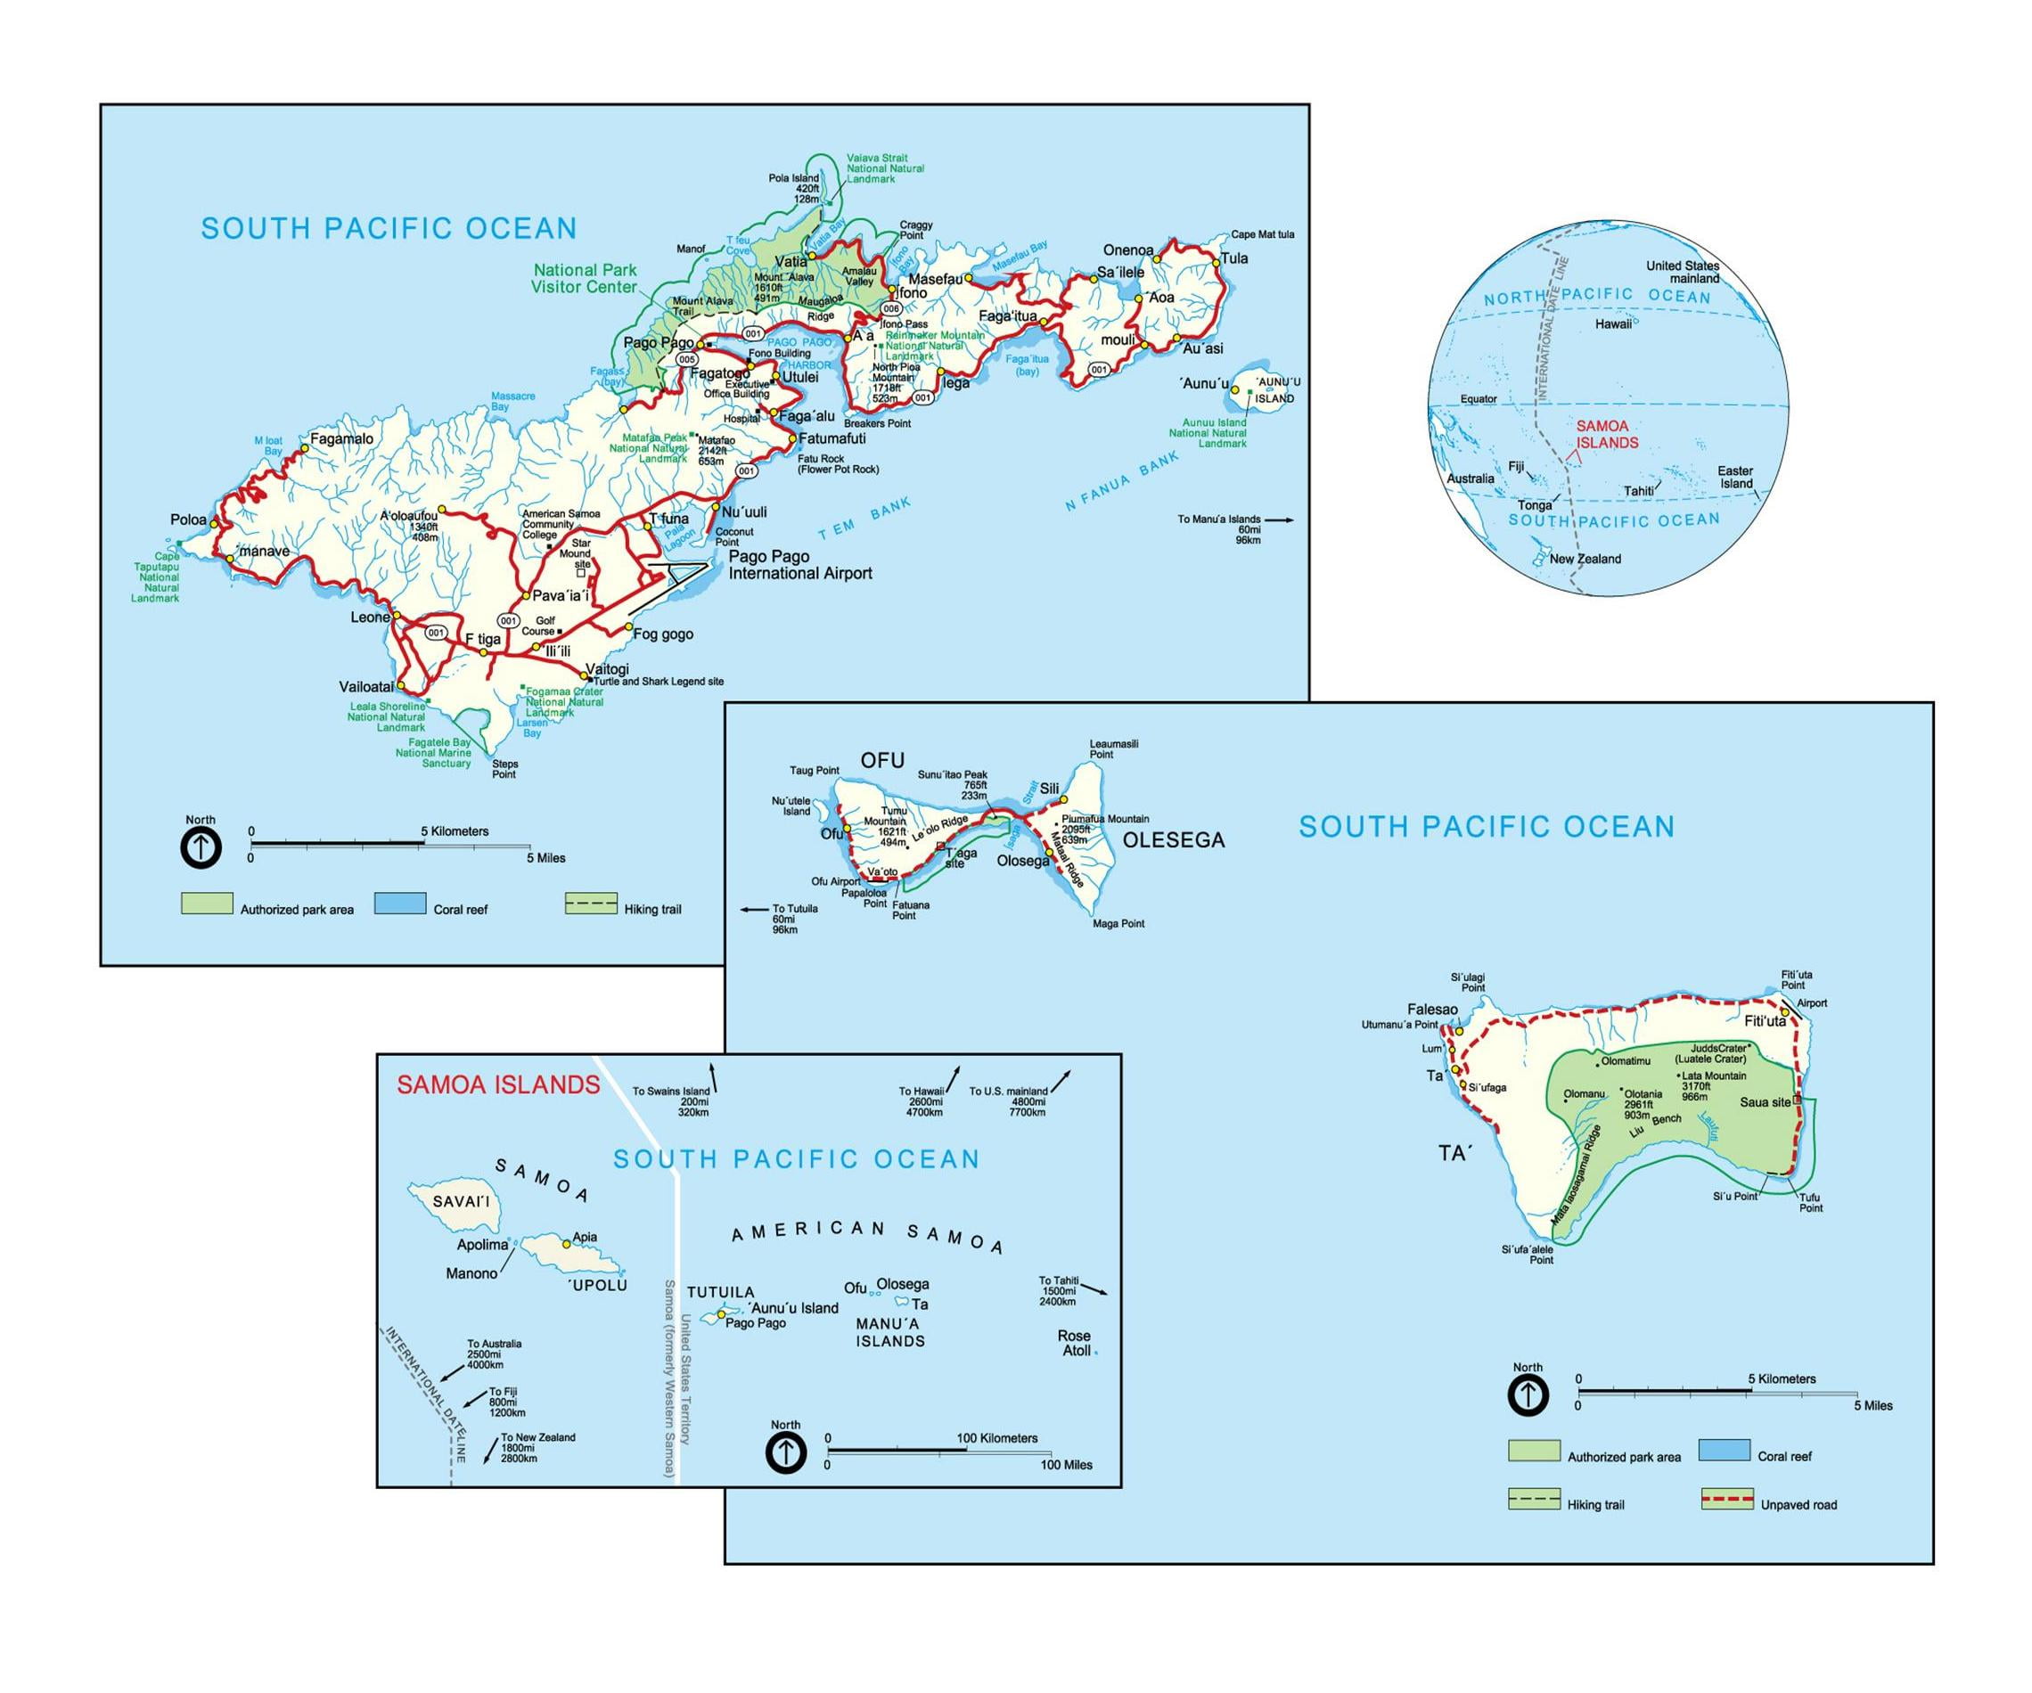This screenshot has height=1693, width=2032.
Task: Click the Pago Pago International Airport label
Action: click(x=799, y=565)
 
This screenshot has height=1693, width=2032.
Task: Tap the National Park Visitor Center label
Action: click(x=585, y=279)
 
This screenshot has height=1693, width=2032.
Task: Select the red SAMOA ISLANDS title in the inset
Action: click(x=498, y=1084)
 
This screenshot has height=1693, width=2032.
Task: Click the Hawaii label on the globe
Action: click(x=1613, y=324)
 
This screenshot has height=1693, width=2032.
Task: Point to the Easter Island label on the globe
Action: click(x=1735, y=477)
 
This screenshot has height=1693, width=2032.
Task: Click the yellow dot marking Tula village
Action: click(x=1216, y=261)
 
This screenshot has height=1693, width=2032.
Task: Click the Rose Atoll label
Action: click(x=1075, y=1343)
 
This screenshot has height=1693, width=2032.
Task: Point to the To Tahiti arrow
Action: click(x=1094, y=1288)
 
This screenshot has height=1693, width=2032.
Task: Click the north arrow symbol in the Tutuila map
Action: click(x=201, y=848)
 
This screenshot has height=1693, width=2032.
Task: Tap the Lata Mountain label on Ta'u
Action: click(x=1714, y=1075)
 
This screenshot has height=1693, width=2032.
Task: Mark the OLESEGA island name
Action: click(x=1173, y=840)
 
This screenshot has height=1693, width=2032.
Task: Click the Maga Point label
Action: click(x=1118, y=923)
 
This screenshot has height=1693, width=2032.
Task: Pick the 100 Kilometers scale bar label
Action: click(x=996, y=1437)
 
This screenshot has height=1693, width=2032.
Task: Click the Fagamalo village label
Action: click(x=340, y=439)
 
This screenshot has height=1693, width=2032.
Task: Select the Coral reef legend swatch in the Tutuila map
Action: click(x=400, y=904)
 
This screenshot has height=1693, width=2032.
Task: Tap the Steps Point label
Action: click(x=504, y=768)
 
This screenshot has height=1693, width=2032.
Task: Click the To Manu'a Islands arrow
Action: click(x=1279, y=519)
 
